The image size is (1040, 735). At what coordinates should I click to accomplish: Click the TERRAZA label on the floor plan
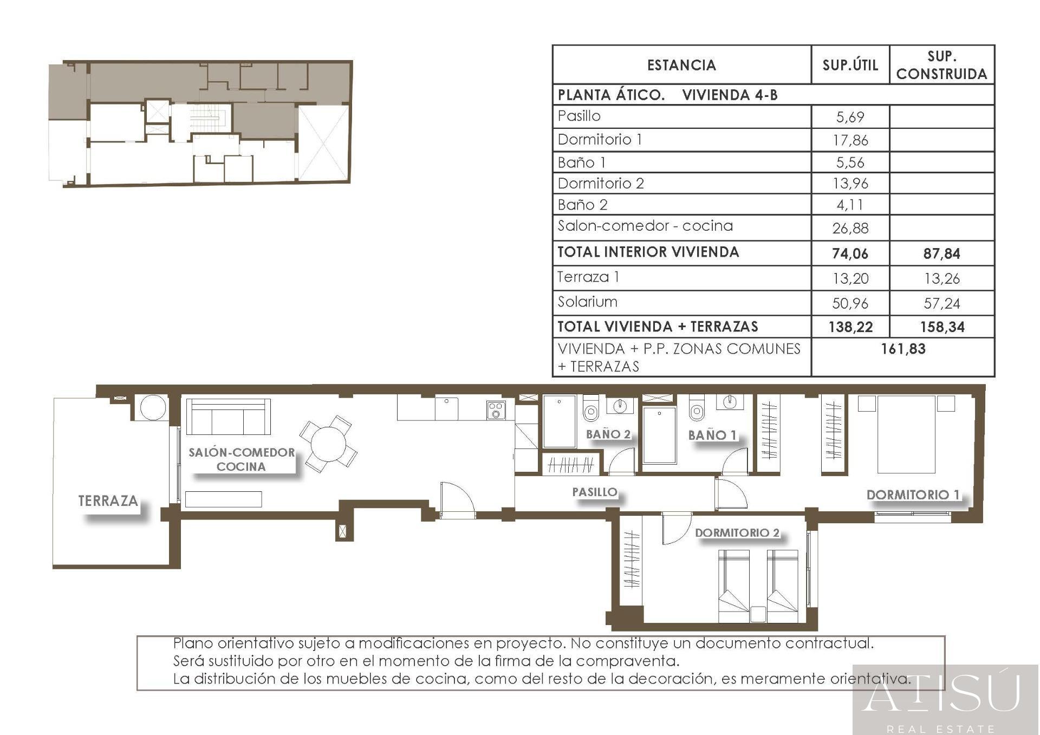click(108, 500)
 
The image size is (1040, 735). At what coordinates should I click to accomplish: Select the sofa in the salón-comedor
click(228, 417)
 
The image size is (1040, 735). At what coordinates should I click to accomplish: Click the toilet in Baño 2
click(591, 408)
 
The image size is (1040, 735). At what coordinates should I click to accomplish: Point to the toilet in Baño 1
click(697, 408)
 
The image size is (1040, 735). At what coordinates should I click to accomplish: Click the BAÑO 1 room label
click(712, 435)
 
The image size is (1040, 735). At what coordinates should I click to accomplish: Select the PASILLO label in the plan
click(595, 492)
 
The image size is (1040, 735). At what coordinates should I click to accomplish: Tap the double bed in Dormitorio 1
click(907, 434)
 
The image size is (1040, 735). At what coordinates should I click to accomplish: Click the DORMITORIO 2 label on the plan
click(737, 532)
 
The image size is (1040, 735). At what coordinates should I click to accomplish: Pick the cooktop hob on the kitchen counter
click(496, 410)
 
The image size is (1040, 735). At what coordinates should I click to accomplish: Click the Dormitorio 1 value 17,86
click(850, 140)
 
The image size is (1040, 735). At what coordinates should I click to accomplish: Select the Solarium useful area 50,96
click(850, 303)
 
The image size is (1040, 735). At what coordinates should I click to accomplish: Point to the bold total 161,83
click(903, 349)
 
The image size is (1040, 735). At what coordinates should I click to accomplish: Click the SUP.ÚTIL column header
click(850, 65)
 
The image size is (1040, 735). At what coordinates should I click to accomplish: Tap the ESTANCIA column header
click(681, 66)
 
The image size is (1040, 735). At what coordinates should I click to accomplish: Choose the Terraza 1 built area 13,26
click(942, 278)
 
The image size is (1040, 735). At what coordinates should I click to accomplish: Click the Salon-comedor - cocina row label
click(645, 225)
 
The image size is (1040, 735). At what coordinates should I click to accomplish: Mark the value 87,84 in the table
click(942, 253)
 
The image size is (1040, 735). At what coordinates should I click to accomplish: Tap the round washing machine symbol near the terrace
click(152, 407)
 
